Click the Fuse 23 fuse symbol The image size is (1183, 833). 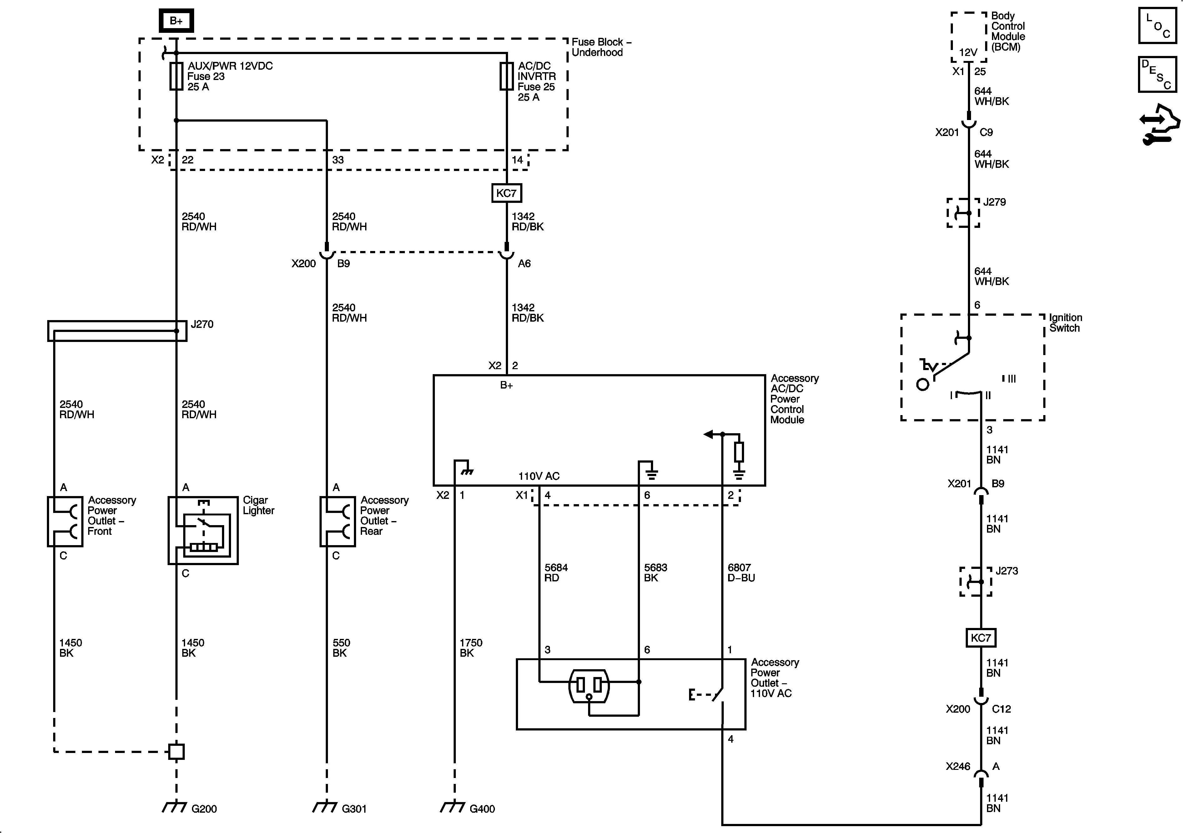(x=176, y=76)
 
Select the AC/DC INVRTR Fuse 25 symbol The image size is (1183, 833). (x=506, y=76)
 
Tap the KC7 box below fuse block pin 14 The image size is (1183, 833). (x=506, y=193)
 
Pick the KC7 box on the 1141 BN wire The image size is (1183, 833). (x=980, y=638)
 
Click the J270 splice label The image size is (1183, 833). (x=202, y=324)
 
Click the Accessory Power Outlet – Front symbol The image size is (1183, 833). (x=65, y=521)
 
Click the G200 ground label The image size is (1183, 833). (x=204, y=809)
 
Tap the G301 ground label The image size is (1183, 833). (x=355, y=809)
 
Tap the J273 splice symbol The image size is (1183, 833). (x=976, y=582)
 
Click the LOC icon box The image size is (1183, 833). (x=1157, y=26)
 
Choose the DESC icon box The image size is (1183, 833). (x=1157, y=75)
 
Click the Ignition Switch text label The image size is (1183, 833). (x=1065, y=323)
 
